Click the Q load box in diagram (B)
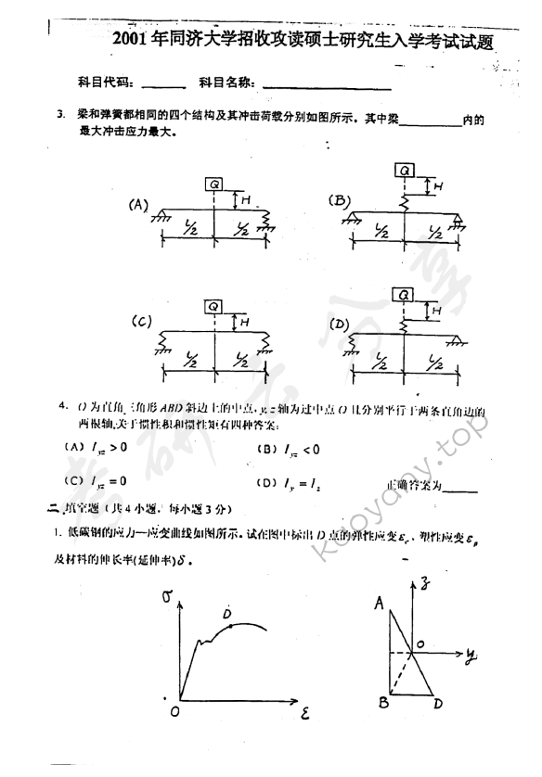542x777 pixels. (x=405, y=170)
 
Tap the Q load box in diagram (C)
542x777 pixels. (x=213, y=306)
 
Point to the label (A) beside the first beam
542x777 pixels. (x=139, y=205)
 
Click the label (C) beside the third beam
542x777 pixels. (x=141, y=322)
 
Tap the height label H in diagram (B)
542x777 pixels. (x=439, y=186)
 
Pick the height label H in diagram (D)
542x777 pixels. (x=436, y=312)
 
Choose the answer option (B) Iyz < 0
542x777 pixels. (x=288, y=449)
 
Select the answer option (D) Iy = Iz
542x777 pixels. (x=290, y=482)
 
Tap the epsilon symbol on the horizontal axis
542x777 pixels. (x=306, y=715)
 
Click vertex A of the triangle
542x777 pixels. (x=380, y=604)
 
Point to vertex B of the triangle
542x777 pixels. (x=382, y=703)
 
